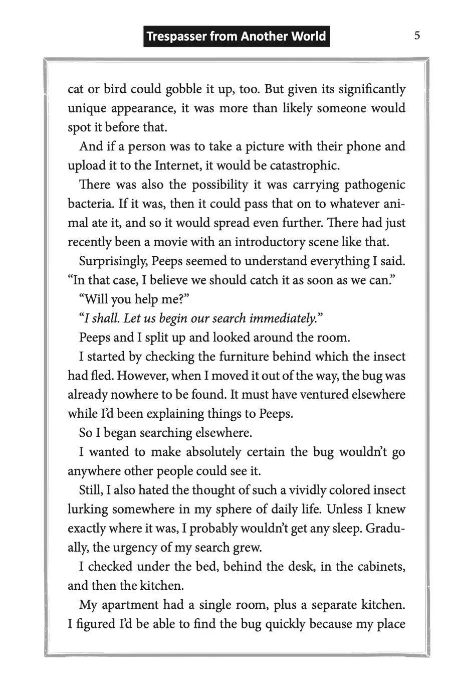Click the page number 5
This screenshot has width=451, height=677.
[417, 36]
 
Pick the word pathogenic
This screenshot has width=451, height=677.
[375, 185]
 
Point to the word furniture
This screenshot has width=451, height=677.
[245, 357]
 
